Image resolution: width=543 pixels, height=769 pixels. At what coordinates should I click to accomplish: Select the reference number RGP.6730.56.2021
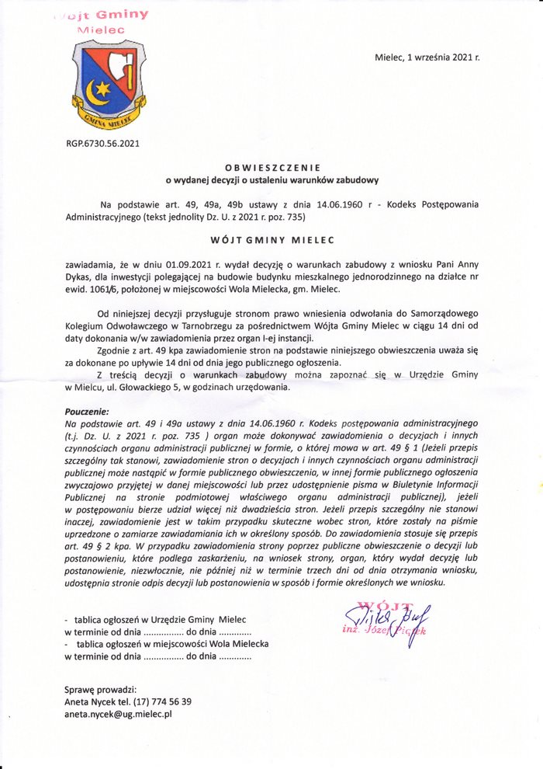coord(103,143)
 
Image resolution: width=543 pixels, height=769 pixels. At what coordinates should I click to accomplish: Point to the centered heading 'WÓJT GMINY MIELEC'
coord(271,242)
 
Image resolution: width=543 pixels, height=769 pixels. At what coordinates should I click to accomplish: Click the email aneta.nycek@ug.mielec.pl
coord(118,713)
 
